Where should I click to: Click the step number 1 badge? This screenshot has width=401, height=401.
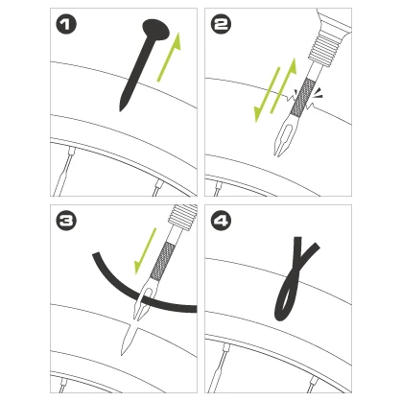[x=66, y=25]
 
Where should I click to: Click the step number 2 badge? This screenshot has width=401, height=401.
[x=221, y=25]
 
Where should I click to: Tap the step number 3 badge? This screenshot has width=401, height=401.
[x=66, y=221]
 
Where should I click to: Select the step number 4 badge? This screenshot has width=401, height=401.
[x=221, y=221]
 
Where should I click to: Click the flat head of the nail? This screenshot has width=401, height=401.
[x=156, y=29]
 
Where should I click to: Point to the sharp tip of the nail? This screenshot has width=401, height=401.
[x=120, y=110]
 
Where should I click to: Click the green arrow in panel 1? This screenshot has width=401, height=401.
[x=169, y=57]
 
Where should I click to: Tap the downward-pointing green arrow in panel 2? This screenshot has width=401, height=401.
[x=267, y=95]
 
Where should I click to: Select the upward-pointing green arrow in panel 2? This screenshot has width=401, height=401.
[x=283, y=86]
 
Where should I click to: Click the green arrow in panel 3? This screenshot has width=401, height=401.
[x=146, y=251]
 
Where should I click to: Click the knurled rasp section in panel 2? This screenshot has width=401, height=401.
[x=302, y=98]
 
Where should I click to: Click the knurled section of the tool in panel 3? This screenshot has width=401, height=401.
[x=163, y=261]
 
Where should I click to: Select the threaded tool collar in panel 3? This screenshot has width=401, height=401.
[x=182, y=217]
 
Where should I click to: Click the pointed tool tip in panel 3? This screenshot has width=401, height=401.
[x=122, y=354]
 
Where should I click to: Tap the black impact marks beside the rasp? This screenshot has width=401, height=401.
[x=319, y=92]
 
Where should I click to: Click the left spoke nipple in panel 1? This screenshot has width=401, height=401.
[x=71, y=150]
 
